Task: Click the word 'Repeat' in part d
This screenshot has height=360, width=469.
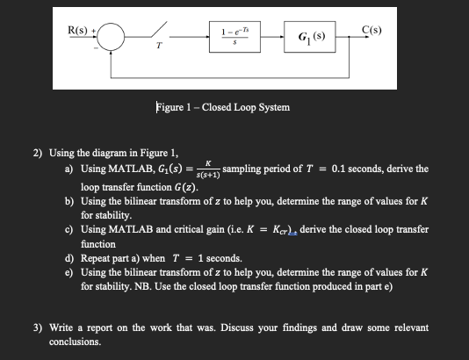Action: [97, 259]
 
